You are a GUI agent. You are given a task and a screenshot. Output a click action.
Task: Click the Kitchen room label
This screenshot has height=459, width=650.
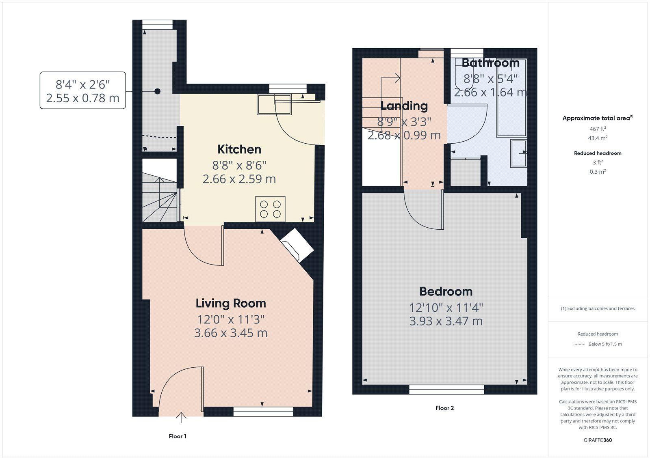(239, 149)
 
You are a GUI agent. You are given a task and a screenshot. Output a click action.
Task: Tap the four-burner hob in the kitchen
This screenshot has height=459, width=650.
(270, 209)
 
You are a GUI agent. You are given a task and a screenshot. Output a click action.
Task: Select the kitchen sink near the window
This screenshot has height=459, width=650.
(274, 104)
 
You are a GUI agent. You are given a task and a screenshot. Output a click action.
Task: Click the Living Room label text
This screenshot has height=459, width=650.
(231, 303)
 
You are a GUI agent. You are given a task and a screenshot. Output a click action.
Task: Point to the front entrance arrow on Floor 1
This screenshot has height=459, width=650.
(181, 417)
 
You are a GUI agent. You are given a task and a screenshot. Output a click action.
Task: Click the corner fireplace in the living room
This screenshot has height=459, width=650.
(297, 245)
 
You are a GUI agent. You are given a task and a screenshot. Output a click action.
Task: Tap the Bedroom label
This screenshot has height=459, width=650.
(446, 291)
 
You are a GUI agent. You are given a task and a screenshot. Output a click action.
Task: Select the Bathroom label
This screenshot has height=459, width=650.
(490, 63)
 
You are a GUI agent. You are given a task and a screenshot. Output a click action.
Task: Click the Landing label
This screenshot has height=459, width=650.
(404, 106)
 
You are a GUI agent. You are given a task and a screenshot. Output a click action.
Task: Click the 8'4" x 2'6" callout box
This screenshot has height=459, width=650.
(83, 91)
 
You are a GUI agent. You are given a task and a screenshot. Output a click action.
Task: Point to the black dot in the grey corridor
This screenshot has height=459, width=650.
(157, 91)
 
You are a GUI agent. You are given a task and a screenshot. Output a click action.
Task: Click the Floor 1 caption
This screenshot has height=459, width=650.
(178, 436)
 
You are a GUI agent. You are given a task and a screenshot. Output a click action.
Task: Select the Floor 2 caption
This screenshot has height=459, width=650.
(444, 408)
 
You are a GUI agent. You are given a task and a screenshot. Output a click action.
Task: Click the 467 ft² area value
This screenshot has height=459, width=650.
(598, 129)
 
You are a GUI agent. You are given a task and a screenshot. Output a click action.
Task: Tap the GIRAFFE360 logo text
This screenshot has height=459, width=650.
(598, 440)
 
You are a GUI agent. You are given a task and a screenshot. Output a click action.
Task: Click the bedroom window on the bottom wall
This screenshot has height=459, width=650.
(446, 390)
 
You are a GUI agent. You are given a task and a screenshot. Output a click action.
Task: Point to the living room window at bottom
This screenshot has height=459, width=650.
(263, 412)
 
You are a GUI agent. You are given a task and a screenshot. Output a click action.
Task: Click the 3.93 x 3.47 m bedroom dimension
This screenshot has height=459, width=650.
(446, 321)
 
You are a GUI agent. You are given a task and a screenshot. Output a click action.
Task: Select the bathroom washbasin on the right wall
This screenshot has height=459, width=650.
(519, 153)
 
